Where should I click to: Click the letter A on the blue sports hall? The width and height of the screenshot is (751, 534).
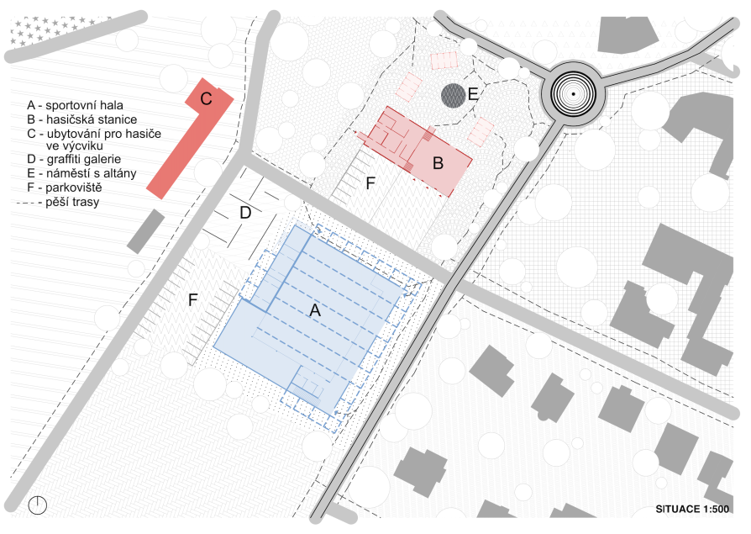(x=315, y=310)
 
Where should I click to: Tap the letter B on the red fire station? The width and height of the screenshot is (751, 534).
(x=438, y=163)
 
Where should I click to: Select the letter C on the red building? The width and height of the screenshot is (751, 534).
(x=206, y=98)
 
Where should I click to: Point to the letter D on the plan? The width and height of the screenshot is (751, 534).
(x=245, y=213)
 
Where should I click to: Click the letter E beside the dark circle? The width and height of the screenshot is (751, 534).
(x=473, y=94)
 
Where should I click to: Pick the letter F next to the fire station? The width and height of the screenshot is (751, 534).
(x=370, y=183)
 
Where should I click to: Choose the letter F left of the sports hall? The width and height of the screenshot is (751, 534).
(x=192, y=300)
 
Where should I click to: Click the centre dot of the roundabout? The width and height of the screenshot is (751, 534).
(x=573, y=94)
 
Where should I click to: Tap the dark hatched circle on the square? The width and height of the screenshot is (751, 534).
(x=453, y=95)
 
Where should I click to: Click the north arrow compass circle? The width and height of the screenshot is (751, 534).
(x=37, y=505)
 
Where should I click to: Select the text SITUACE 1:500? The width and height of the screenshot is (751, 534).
(x=692, y=509)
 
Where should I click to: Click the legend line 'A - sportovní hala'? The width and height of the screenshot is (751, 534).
(x=76, y=105)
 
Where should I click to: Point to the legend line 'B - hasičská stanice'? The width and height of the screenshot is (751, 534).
(x=81, y=119)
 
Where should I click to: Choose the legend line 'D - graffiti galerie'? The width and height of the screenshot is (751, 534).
(x=74, y=159)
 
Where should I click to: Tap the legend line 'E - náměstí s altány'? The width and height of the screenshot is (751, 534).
(x=81, y=173)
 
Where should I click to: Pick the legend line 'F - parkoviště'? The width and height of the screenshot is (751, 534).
(x=65, y=188)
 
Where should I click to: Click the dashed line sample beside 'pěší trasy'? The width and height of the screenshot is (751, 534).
(x=29, y=204)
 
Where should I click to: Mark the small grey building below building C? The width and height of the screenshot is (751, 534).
(x=145, y=231)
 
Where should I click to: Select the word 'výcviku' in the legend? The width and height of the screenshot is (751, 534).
(x=75, y=145)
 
